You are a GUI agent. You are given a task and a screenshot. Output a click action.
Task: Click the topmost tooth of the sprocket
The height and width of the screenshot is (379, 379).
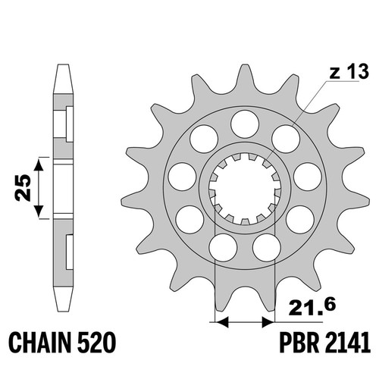point(244,76)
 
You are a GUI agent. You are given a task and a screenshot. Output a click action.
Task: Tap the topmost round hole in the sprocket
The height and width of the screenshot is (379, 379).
point(245,124)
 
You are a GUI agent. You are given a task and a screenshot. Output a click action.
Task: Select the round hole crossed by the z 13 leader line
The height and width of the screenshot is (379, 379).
point(286,139)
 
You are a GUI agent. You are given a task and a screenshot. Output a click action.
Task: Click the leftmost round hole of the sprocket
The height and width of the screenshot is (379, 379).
point(182,177)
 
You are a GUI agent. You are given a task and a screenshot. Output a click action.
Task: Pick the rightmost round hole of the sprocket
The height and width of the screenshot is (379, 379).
point(308,177)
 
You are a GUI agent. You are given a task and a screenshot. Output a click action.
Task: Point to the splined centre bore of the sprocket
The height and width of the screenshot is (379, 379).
point(245,189)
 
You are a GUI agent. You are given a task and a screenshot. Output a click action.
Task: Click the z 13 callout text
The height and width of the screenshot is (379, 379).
point(349,71)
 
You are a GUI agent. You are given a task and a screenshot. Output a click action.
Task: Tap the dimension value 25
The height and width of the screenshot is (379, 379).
point(23,187)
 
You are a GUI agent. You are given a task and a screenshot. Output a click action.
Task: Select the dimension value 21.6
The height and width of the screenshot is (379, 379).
point(312,307)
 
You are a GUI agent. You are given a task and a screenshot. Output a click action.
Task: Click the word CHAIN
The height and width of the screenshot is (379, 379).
point(39,343)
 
